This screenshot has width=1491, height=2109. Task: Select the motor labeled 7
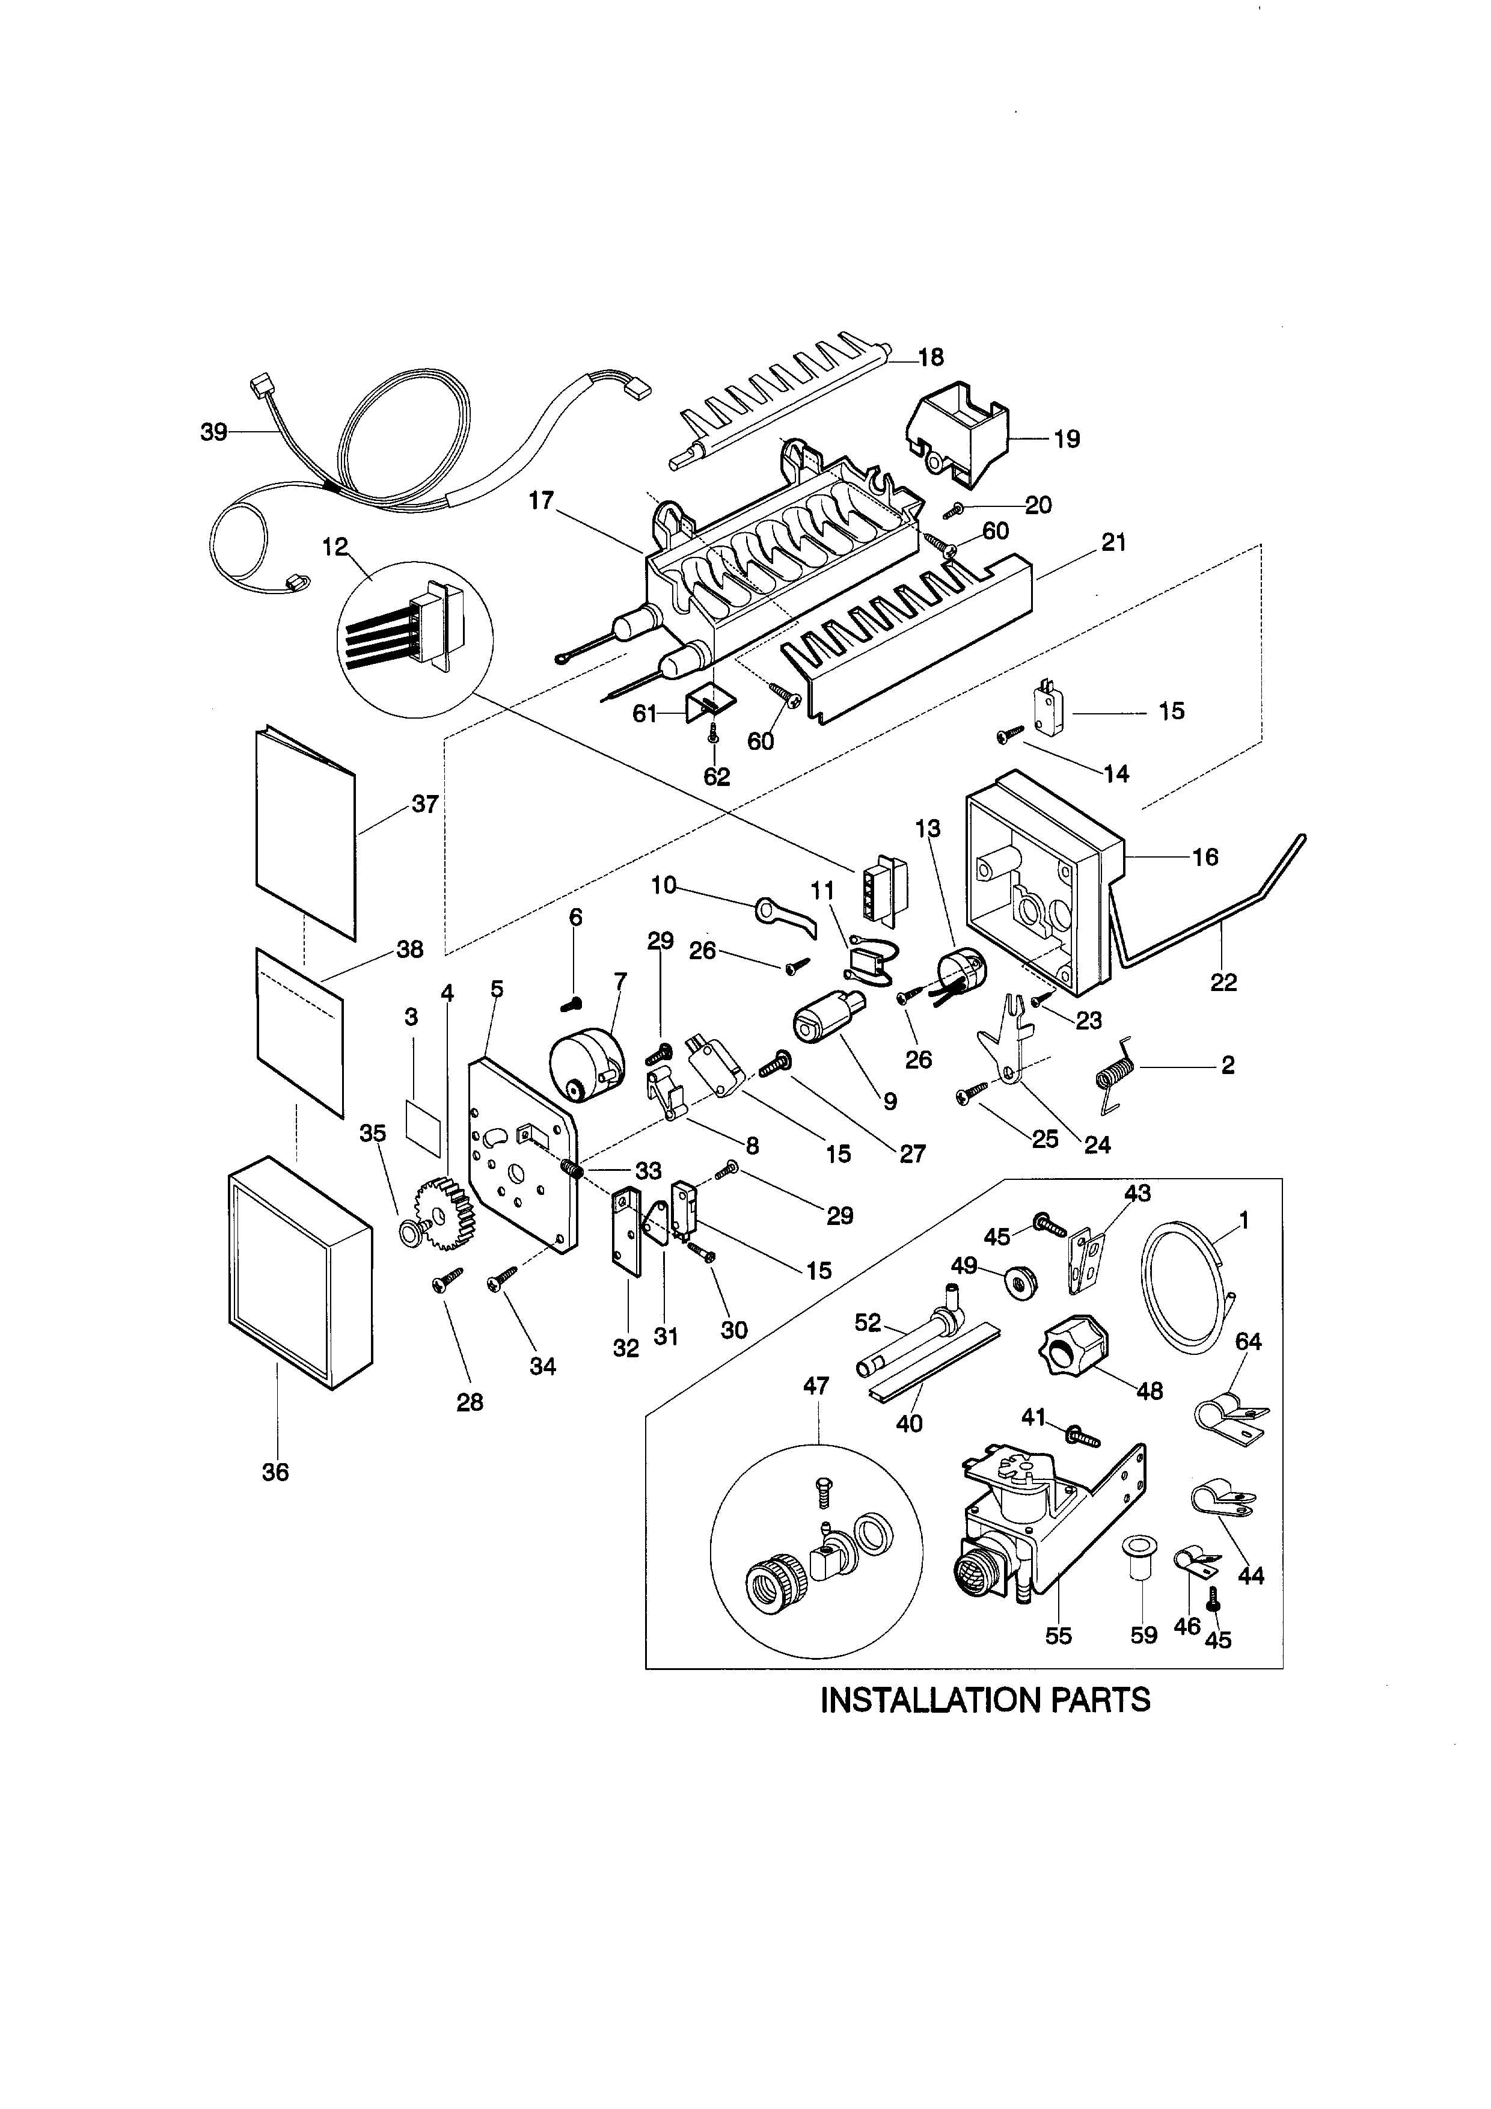585,1066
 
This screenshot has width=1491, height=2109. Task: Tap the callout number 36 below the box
275,1472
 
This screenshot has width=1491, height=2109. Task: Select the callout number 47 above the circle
815,1386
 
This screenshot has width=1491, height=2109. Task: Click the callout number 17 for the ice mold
542,500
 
